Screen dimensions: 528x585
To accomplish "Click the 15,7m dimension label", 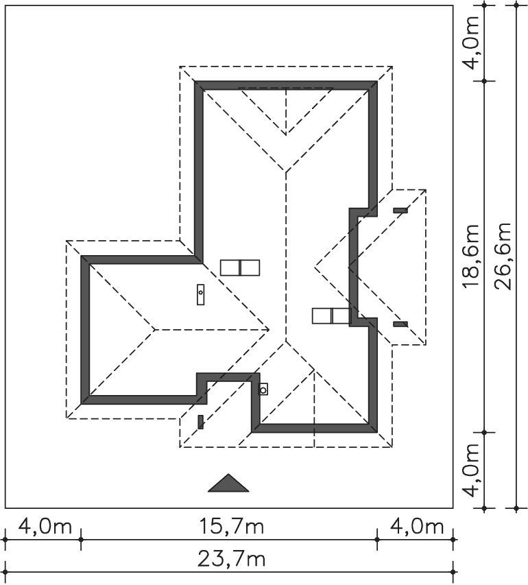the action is click(231, 527).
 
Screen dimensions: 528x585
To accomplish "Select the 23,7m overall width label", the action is click(231, 559).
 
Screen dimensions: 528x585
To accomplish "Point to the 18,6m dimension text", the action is click(471, 256).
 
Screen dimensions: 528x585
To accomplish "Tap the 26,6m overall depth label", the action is click(503, 256).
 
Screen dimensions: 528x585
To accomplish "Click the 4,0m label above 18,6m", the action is click(471, 43).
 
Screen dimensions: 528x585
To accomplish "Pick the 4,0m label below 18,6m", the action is click(471, 470).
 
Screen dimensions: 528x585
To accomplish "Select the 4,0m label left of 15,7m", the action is click(45, 527).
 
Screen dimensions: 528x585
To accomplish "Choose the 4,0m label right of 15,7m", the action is click(417, 527).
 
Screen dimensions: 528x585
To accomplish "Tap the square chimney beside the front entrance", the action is click(263, 390).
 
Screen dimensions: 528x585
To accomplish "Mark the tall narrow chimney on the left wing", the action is click(201, 294).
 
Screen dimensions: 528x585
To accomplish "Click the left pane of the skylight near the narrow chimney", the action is click(230, 268).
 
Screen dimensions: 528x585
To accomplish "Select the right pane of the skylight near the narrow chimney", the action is click(250, 268).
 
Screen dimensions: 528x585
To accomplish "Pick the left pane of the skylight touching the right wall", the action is click(322, 315).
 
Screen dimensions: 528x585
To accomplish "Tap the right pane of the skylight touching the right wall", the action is click(341, 315).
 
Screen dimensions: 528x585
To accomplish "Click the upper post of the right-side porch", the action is click(400, 211).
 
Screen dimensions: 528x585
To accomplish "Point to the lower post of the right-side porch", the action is click(400, 324).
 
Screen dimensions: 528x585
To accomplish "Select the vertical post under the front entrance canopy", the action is click(200, 422).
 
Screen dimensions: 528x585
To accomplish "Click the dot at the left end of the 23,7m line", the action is click(5, 571).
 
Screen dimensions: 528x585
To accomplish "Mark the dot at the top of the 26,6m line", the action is click(516, 5).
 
